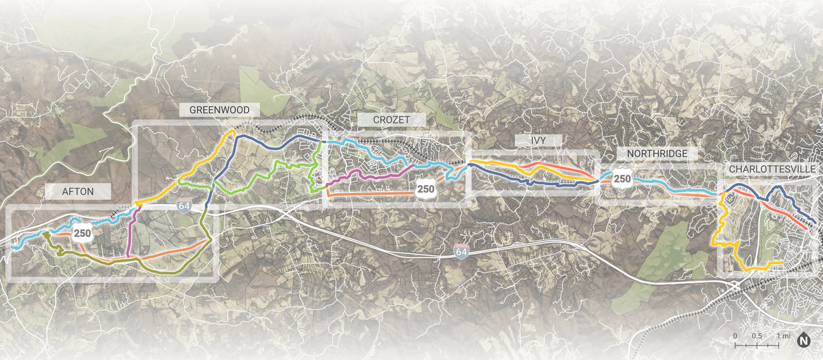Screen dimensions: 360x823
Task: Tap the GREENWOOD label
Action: point(219,110)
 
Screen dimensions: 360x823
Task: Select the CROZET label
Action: point(391,120)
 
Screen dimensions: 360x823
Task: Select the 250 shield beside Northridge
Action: point(622,180)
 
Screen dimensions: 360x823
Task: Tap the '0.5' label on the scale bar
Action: point(757,336)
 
